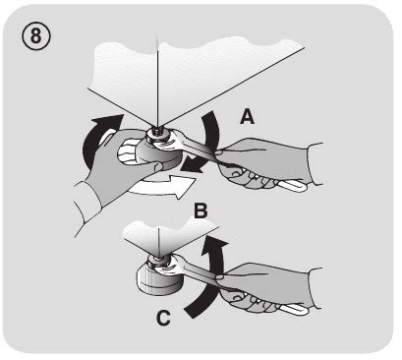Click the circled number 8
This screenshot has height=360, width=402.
tap(36, 36)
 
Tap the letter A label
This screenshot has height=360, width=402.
tap(247, 117)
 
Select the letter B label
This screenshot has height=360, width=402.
tap(201, 210)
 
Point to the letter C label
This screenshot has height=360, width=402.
tap(163, 318)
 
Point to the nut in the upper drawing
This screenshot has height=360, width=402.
tap(156, 134)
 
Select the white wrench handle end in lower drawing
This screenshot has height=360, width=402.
tap(294, 309)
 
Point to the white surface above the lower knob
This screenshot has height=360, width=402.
tap(170, 234)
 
